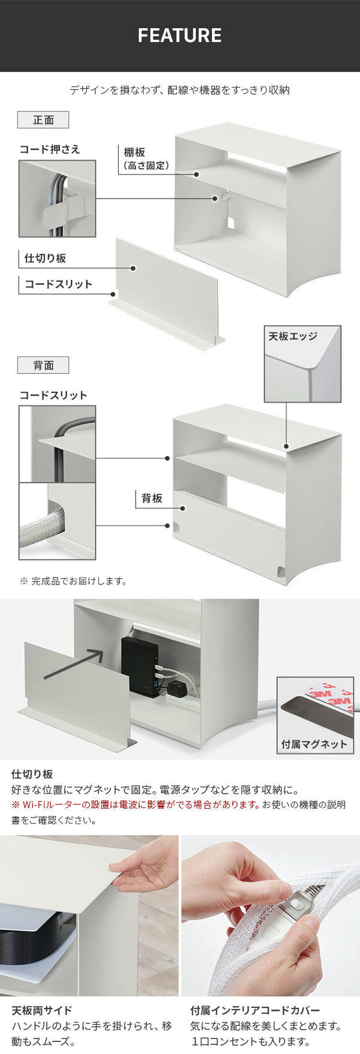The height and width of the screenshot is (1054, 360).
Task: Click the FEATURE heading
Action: pos(179,35)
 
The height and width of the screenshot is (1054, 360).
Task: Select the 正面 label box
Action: pos(43,120)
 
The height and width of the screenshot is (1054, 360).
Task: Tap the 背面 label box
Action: pos(43,365)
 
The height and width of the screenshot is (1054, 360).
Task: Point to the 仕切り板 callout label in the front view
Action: pos(45,259)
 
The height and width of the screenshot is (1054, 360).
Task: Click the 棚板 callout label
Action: pos(134,153)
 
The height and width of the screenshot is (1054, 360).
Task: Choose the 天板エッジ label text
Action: pos(293,337)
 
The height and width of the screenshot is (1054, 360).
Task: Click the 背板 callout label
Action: pos(152,498)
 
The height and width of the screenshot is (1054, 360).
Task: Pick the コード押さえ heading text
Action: pos(50,149)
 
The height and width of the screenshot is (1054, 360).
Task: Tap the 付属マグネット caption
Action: pos(314,744)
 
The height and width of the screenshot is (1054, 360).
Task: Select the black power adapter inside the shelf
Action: pos(140,666)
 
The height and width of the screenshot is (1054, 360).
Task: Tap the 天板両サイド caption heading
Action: pos(41,1010)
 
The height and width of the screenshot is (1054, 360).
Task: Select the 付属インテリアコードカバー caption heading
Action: pos(255,1010)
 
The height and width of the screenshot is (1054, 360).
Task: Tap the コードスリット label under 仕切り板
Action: pos(58,284)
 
